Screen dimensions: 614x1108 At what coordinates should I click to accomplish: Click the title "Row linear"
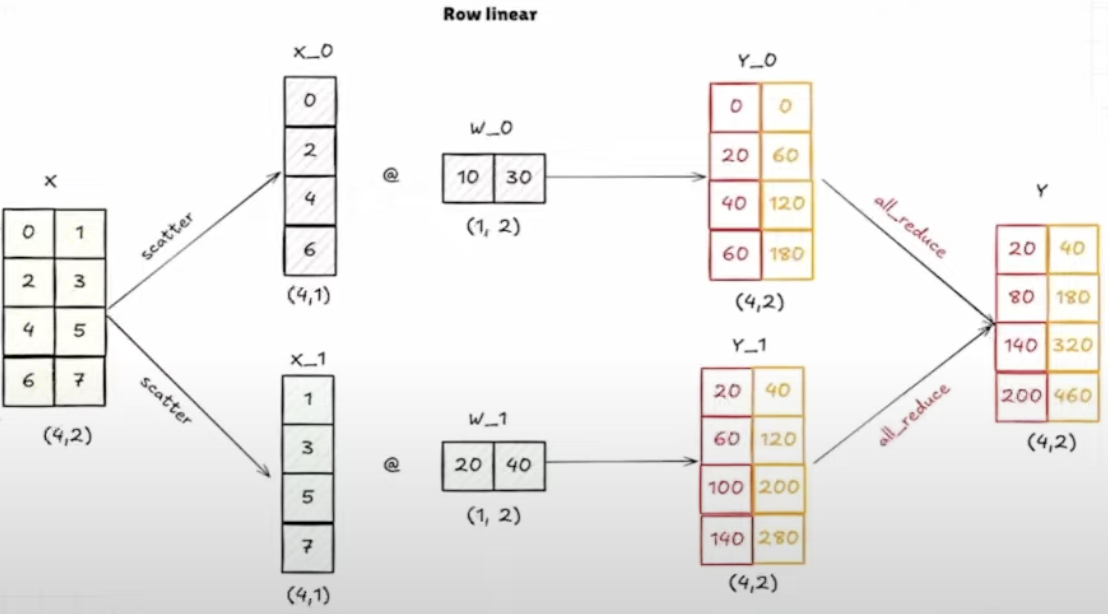point(489,15)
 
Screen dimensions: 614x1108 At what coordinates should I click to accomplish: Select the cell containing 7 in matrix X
point(80,381)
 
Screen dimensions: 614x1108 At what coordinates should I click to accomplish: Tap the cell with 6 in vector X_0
point(310,249)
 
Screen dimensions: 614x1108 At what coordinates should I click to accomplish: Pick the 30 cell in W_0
point(520,178)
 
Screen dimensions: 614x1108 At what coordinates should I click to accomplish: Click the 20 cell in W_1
point(468,465)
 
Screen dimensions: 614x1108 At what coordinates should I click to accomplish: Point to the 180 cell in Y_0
point(786,254)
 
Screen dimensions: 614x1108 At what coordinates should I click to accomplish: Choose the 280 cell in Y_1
point(778,539)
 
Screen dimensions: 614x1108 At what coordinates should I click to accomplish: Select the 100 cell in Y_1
point(727,489)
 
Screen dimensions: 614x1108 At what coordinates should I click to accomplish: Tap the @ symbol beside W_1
point(392,465)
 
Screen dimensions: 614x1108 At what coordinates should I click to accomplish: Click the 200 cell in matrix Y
point(1020,396)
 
